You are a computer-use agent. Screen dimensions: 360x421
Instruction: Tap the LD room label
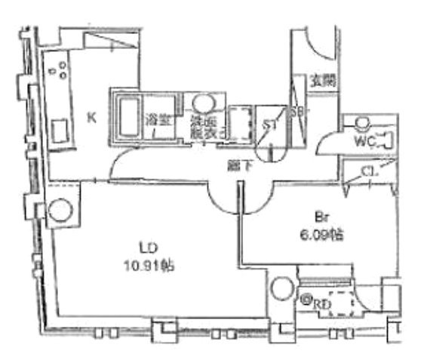(x=149, y=247)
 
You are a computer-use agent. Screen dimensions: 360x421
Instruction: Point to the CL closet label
(x=369, y=172)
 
